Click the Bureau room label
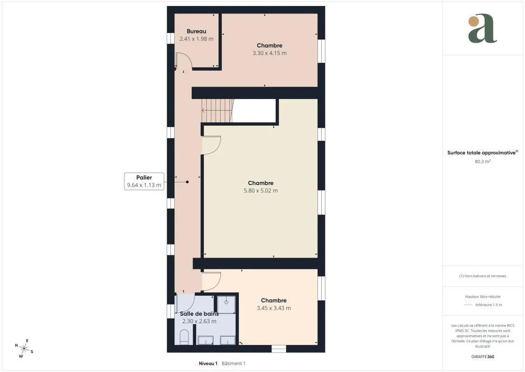[196, 31]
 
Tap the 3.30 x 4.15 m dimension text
[270, 53]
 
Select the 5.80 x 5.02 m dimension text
[261, 191]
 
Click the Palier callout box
[144, 181]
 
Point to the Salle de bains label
[199, 313]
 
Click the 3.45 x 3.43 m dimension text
[274, 308]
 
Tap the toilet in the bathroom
[184, 337]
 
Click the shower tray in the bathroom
[227, 305]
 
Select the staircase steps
[217, 111]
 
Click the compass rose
[24, 349]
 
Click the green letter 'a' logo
[482, 28]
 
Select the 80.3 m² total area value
[482, 161]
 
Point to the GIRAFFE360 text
[482, 357]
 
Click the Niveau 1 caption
[208, 363]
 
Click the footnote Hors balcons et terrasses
[482, 276]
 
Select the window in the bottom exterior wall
[279, 349]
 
